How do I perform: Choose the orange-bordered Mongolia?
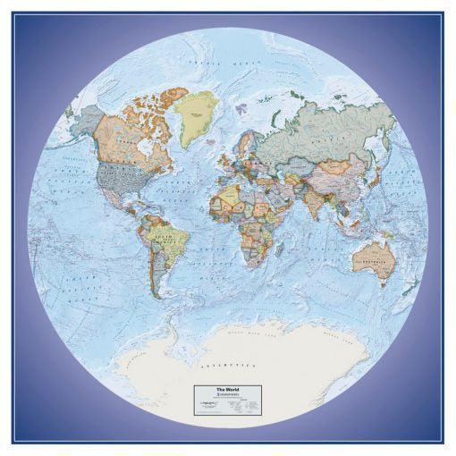pos(338,165)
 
